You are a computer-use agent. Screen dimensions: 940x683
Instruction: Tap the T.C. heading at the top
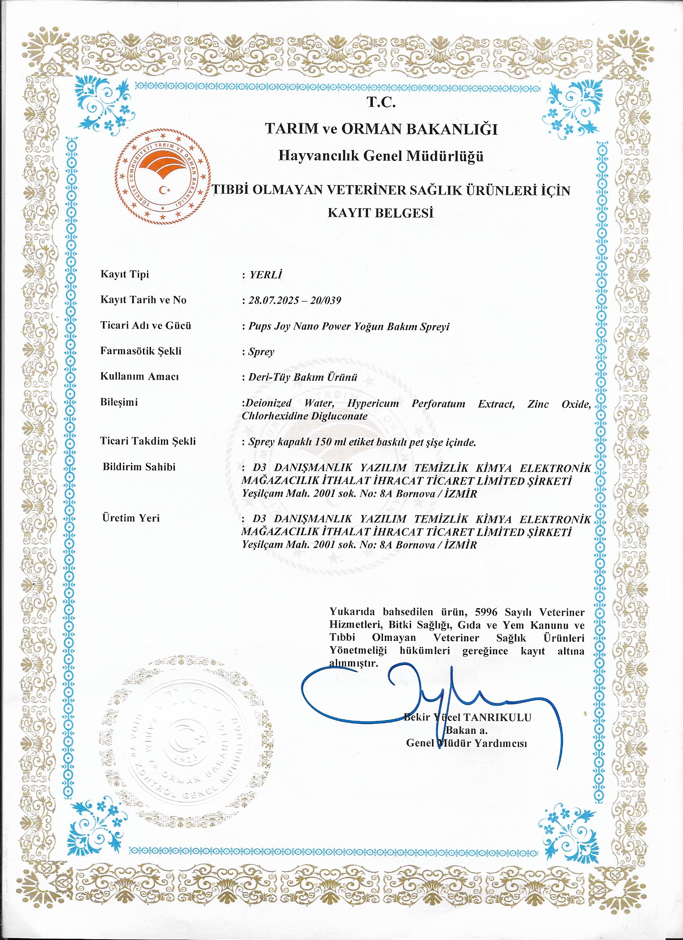[381, 102]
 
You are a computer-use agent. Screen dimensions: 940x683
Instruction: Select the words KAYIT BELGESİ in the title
[380, 213]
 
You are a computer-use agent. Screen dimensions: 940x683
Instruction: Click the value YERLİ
[266, 275]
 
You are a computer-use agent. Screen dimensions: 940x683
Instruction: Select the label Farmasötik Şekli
[141, 351]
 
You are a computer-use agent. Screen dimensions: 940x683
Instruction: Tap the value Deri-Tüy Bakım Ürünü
[303, 377]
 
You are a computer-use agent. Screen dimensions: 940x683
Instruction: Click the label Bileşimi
[119, 402]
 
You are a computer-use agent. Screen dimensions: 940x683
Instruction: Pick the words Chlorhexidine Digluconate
[305, 416]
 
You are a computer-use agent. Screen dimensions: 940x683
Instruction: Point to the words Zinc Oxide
[559, 404]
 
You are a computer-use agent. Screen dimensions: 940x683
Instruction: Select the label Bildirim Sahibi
[139, 467]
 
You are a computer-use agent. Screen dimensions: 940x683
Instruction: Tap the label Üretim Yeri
[131, 518]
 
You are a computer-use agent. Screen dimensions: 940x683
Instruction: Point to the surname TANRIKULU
[497, 717]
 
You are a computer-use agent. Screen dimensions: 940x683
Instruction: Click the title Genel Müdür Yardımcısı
[466, 743]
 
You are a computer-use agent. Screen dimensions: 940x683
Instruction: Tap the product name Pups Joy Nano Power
[293, 326]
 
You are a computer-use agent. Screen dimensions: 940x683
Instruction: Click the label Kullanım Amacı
[139, 377]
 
